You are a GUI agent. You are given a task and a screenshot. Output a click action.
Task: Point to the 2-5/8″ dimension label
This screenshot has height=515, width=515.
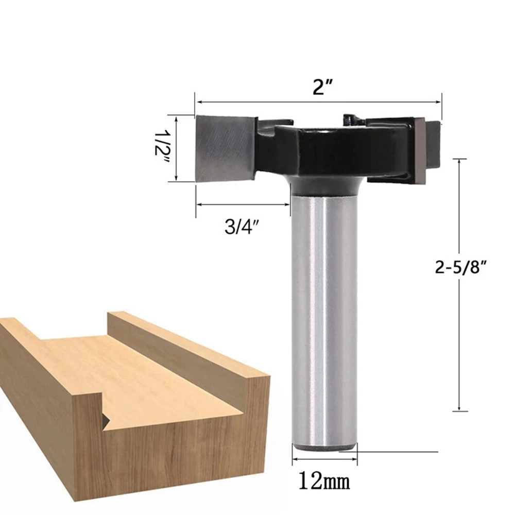pos(460,267)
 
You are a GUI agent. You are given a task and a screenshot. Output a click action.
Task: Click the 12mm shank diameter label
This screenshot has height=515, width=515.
pos(324,482)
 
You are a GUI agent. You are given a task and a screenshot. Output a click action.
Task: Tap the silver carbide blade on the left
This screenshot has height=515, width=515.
pos(225,148)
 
